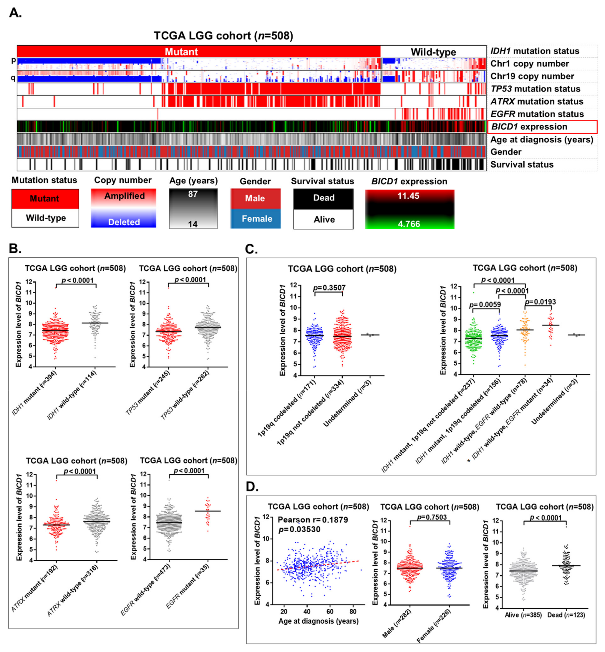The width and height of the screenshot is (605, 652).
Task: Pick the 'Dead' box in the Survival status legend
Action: [x=323, y=198]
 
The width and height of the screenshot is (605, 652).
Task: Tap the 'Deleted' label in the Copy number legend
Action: [x=124, y=222]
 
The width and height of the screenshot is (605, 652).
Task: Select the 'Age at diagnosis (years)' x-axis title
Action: [x=318, y=621]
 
